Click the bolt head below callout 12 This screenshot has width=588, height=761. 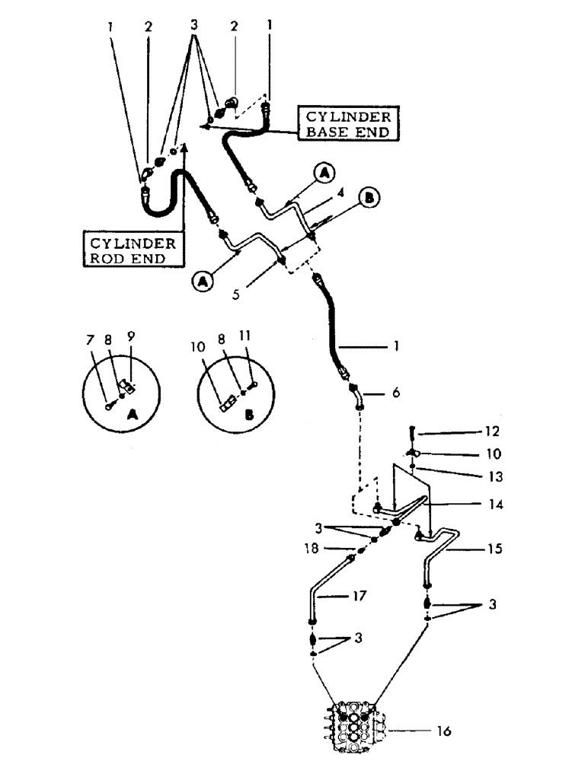tap(412, 431)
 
